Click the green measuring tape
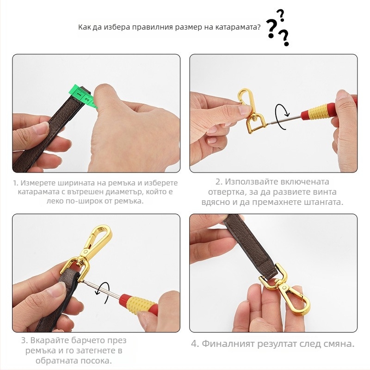(84, 96)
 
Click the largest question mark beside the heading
(271, 29)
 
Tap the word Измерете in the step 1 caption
(37, 183)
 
